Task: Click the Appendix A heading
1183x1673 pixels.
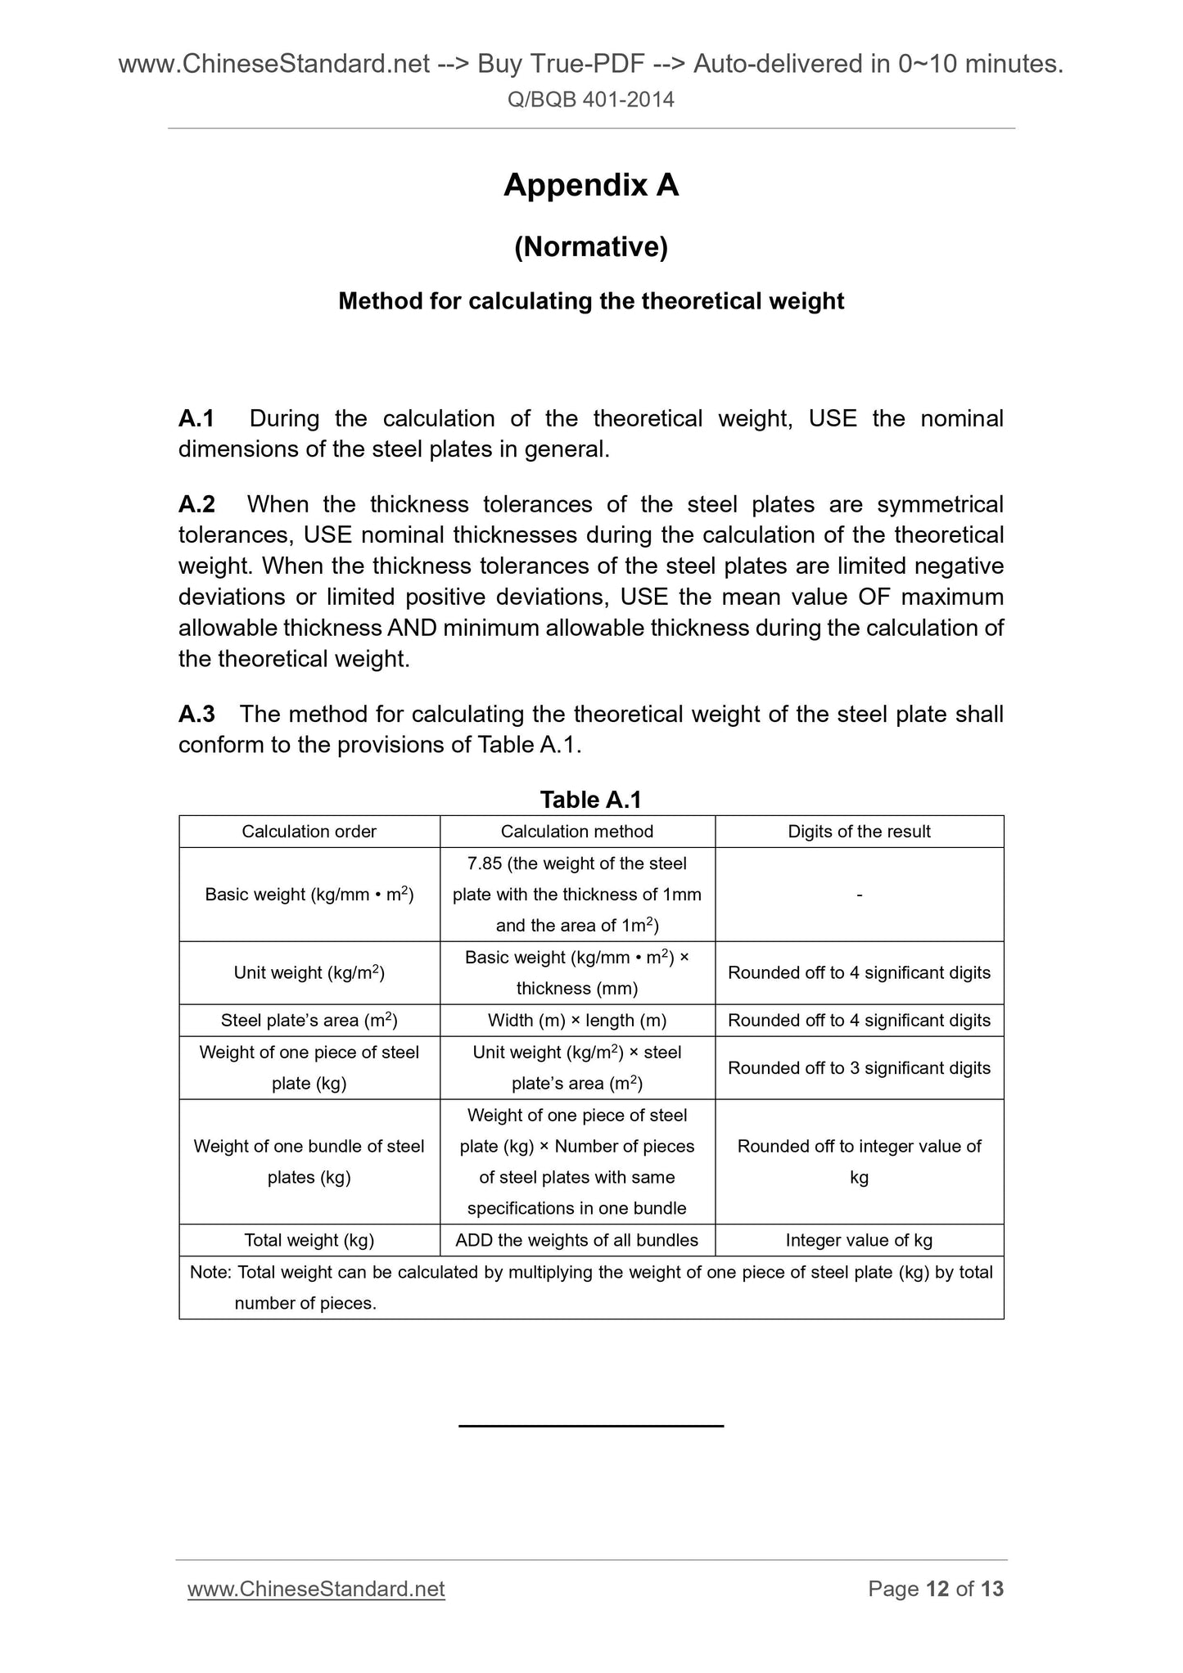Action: tap(590, 186)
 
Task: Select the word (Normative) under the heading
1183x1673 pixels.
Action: tap(590, 246)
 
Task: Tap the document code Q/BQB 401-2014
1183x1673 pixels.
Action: tap(590, 100)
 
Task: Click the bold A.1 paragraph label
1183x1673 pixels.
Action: tap(196, 418)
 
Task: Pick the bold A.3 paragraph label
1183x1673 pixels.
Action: tap(196, 714)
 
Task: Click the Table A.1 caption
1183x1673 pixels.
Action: tap(590, 799)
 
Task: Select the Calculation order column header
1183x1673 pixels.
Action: tap(309, 832)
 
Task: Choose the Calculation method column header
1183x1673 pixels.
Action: tap(576, 832)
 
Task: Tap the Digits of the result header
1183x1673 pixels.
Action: tap(859, 832)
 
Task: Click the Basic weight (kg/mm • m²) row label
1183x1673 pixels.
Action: tap(309, 895)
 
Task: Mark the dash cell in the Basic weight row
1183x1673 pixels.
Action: tap(859, 895)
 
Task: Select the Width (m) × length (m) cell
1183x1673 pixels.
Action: tap(576, 1021)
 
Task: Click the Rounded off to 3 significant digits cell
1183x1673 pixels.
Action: tap(859, 1068)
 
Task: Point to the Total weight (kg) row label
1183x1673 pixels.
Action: tap(309, 1240)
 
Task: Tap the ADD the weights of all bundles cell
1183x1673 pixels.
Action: tap(576, 1240)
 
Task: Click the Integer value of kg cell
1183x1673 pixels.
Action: tap(859, 1240)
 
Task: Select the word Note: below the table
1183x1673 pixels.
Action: tap(210, 1272)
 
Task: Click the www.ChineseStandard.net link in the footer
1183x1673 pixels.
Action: tap(316, 1589)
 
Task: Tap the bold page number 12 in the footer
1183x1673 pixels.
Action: tap(937, 1589)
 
